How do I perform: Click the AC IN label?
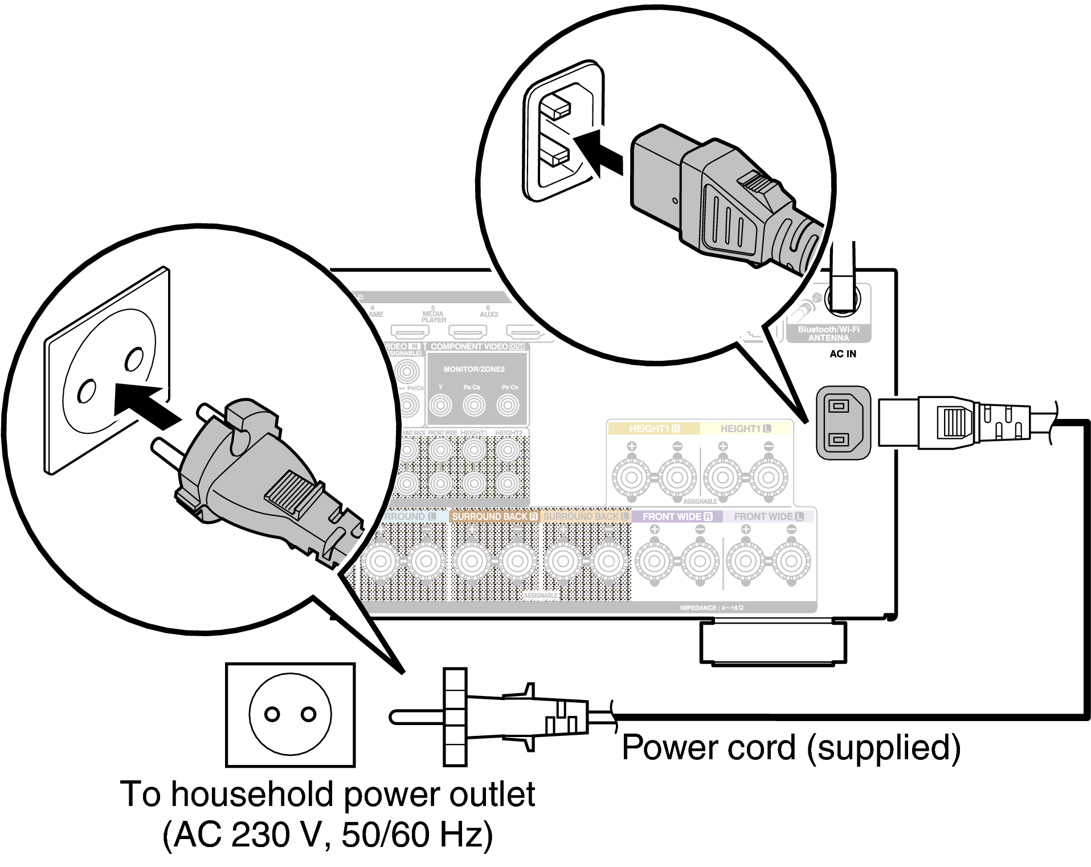[x=843, y=354]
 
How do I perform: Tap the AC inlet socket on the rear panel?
[x=843, y=422]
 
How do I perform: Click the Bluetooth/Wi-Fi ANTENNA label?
[x=828, y=333]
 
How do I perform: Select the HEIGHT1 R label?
[x=653, y=429]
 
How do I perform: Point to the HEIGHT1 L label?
[x=745, y=429]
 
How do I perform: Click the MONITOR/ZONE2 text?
[x=474, y=369]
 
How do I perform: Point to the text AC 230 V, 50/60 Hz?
[x=328, y=835]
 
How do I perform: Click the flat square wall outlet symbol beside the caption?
[x=291, y=714]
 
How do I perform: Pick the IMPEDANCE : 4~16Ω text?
[x=711, y=608]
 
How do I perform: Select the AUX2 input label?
[x=489, y=314]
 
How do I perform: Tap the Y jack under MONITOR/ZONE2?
[x=440, y=405]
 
